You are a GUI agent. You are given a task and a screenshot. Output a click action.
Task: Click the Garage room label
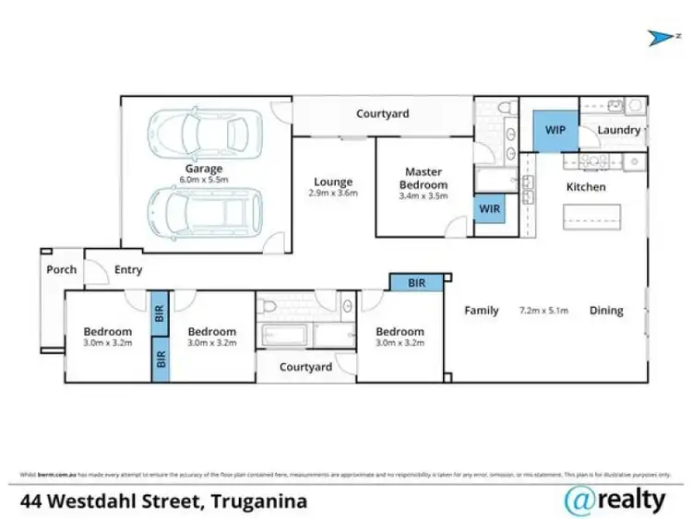[204, 169]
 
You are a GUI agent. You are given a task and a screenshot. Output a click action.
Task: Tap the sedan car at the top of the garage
[204, 135]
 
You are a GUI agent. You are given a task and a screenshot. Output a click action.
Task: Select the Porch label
[62, 270]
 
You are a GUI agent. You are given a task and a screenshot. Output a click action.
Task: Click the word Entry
[128, 270]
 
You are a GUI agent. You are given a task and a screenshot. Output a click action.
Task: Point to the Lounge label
[333, 182]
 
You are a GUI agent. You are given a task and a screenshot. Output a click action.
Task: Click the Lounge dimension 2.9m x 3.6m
[333, 194]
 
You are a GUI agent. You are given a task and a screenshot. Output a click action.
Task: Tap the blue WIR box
[489, 209]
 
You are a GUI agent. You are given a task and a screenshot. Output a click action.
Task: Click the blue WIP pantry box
[555, 130]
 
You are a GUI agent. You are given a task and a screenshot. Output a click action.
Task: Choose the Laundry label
[618, 130]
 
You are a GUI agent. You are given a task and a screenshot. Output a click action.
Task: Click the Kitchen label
[586, 187]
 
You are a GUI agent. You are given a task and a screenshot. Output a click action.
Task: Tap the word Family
[482, 311]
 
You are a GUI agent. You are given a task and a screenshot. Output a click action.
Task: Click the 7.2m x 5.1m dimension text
[544, 311]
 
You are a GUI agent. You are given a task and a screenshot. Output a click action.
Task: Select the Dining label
[606, 311]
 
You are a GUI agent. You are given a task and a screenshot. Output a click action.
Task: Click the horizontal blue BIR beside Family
[416, 284]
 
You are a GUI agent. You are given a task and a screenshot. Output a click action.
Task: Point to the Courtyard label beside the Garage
[383, 114]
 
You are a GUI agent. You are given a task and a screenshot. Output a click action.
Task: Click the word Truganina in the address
[259, 502]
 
